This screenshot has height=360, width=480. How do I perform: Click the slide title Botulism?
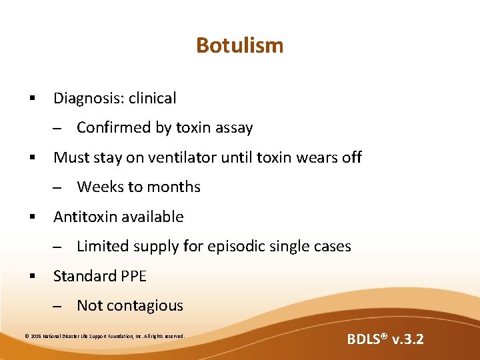click(x=239, y=45)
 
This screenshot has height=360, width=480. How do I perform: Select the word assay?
click(x=233, y=128)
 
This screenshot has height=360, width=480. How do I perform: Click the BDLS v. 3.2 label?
click(x=385, y=339)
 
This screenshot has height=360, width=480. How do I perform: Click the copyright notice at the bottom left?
click(x=105, y=336)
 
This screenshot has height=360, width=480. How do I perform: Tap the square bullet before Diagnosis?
click(x=31, y=99)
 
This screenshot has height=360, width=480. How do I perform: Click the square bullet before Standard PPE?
click(x=31, y=276)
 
